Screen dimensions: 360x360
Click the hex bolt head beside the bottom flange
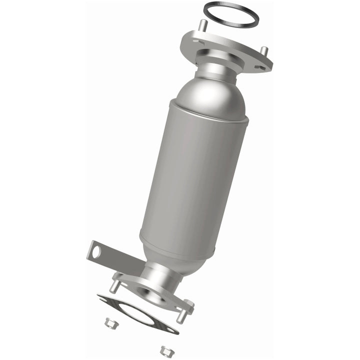(x=188, y=303)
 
